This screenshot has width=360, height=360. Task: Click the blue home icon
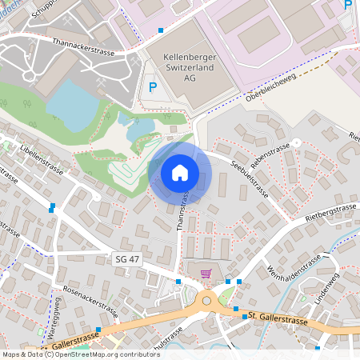click(x=180, y=172)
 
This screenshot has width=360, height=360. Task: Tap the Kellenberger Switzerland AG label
click(x=190, y=68)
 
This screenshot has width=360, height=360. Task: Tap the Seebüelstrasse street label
click(x=248, y=181)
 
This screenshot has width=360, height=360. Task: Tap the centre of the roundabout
click(x=210, y=302)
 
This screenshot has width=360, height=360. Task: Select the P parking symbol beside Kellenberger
click(x=153, y=87)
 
